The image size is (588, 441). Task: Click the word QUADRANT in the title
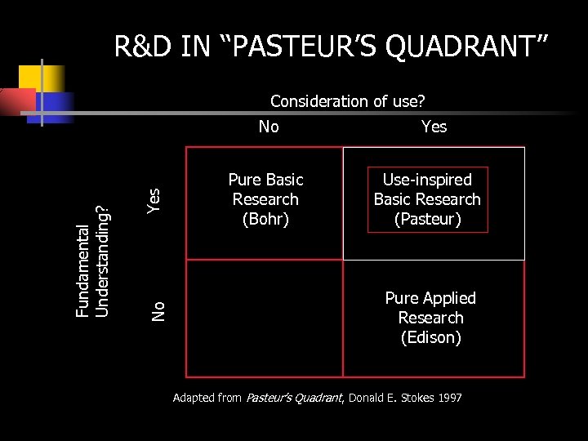[465, 47]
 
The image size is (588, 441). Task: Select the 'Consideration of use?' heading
[348, 101]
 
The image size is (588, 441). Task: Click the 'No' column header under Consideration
[268, 126]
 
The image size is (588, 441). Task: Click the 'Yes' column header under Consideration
[434, 126]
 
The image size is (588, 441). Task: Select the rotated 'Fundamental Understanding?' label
[92, 260]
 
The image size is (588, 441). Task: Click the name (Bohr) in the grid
[265, 219]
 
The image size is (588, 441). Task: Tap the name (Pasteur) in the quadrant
[427, 219]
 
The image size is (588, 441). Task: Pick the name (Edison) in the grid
[430, 337]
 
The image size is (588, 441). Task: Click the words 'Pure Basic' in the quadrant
[265, 180]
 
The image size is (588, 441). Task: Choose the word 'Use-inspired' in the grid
[427, 180]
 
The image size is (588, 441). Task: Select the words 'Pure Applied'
[430, 298]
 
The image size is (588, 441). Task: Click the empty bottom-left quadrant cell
[265, 318]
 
